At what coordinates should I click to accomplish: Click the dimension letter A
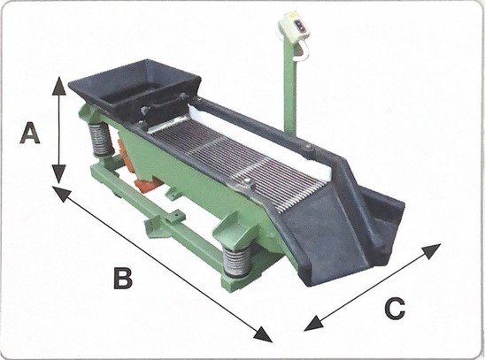(30, 133)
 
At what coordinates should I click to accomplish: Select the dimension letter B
(123, 278)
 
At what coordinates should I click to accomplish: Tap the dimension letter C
(395, 308)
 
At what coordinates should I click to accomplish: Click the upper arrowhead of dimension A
(58, 86)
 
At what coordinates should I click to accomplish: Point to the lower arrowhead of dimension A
(58, 174)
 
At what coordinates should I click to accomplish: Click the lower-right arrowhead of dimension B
(263, 335)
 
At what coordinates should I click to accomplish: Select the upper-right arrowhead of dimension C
(432, 250)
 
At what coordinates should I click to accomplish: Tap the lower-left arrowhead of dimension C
(313, 324)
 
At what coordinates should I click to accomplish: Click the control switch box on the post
(294, 26)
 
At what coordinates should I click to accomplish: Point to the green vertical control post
(289, 88)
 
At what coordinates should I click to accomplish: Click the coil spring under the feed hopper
(101, 140)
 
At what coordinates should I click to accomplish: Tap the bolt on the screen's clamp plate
(247, 180)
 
